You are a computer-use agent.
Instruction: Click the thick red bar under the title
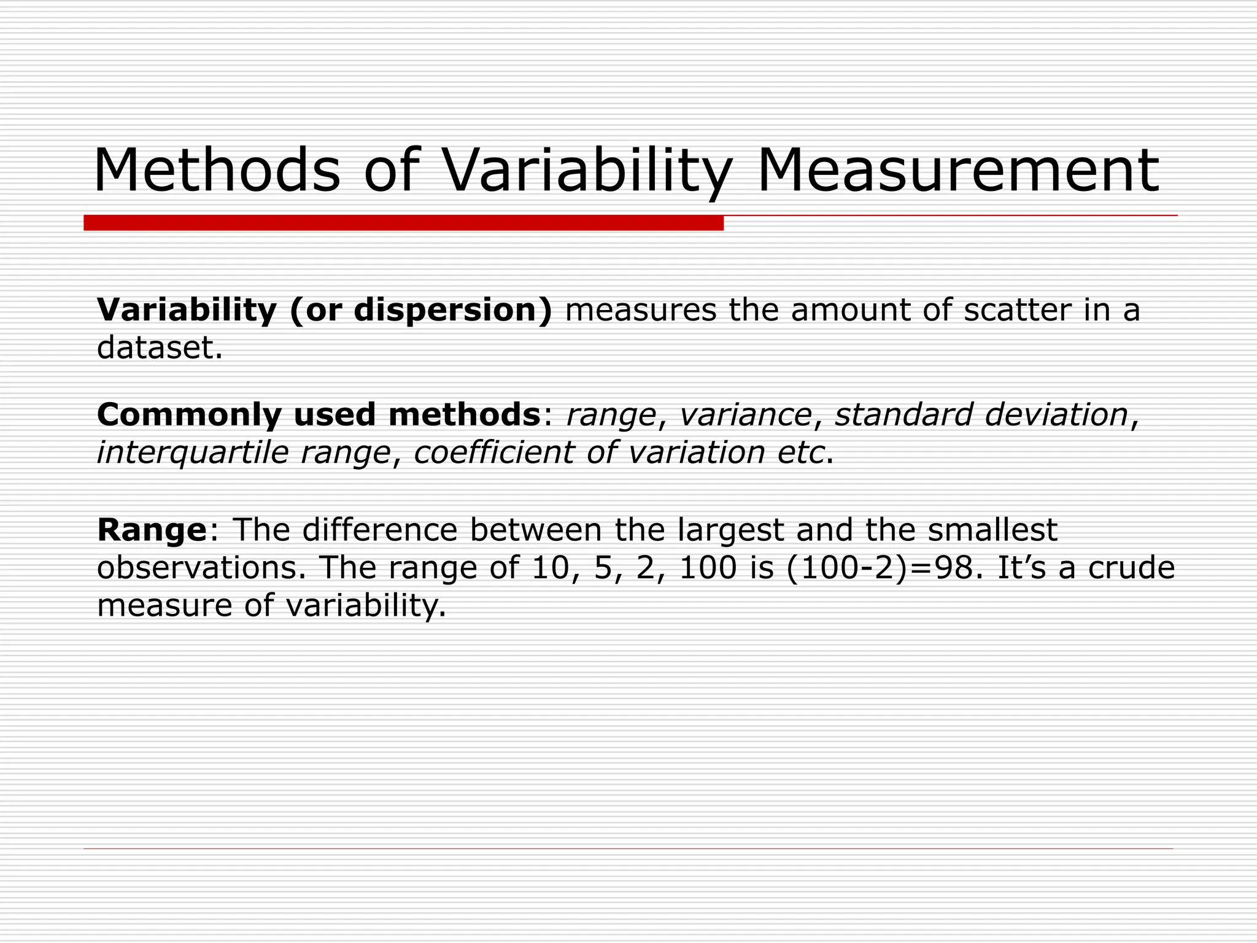pos(403,223)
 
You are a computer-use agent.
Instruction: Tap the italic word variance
pos(746,415)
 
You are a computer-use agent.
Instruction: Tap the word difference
pos(380,530)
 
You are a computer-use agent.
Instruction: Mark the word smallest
pos(992,530)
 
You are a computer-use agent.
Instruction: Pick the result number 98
pos(953,568)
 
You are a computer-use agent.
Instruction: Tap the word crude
pos(1131,568)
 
